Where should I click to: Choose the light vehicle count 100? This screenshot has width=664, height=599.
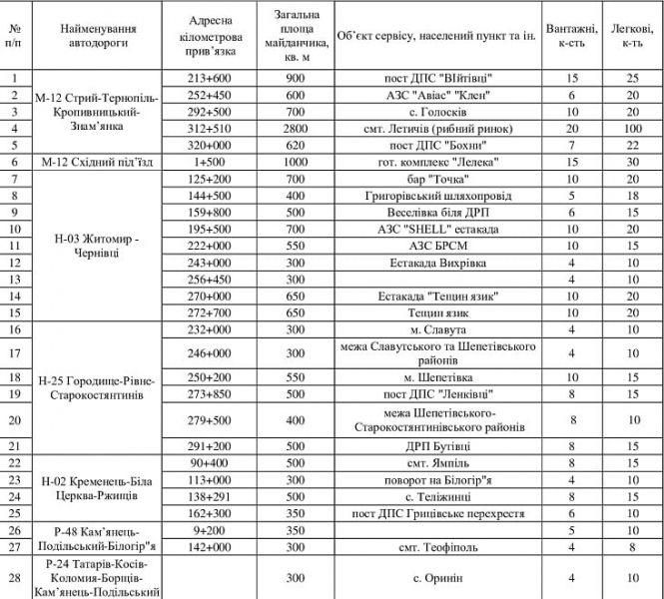pyautogui.click(x=631, y=127)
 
